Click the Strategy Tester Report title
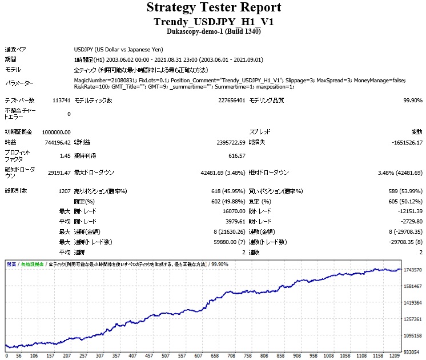click(214, 7)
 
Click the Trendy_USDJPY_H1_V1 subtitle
click(214, 21)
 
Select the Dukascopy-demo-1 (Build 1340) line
click(214, 31)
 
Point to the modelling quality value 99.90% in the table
click(411, 101)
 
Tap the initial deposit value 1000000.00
click(53, 131)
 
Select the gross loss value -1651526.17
click(403, 142)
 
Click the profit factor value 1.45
click(65, 155)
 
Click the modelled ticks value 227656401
click(227, 101)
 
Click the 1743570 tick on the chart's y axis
click(412, 269)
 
